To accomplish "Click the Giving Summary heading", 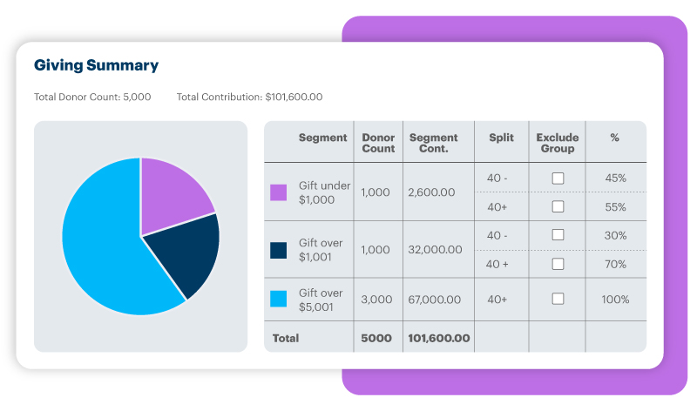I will tap(96, 65).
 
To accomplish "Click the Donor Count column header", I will tap(378, 143).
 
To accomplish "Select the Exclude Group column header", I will tap(558, 143).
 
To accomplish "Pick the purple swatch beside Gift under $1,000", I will tap(279, 192).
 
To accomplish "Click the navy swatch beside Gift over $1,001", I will tap(279, 250).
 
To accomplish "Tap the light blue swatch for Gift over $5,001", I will tap(279, 299).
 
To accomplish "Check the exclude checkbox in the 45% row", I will tap(558, 178).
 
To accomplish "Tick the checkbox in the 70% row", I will tap(558, 264).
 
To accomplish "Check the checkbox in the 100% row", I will tap(558, 299).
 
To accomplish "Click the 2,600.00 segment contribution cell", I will tap(430, 192).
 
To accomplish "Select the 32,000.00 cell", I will tap(435, 249).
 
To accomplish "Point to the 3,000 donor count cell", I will tap(376, 299).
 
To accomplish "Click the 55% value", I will tap(615, 206).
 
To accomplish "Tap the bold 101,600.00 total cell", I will tap(438, 338).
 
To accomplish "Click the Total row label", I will tap(286, 338).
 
